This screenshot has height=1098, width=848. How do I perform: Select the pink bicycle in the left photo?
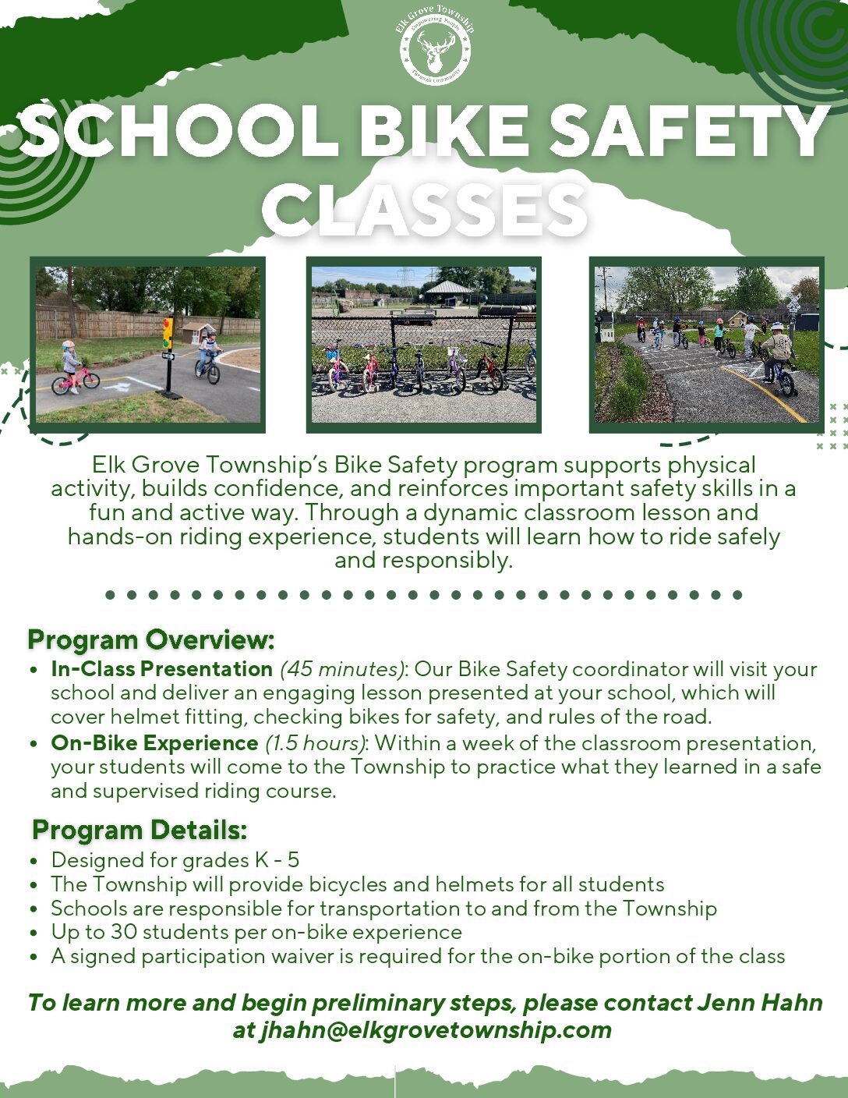[75, 379]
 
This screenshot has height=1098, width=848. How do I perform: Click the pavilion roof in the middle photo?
[448, 287]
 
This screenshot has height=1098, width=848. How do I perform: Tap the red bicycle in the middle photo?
[489, 367]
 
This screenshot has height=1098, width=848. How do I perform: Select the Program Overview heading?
[151, 639]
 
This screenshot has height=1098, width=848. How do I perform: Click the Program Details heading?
[140, 830]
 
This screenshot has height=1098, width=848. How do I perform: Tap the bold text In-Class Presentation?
[161, 668]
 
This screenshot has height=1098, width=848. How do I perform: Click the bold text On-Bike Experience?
[154, 742]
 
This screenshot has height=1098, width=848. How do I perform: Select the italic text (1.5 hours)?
[315, 743]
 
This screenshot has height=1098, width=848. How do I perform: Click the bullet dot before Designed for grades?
[34, 861]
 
